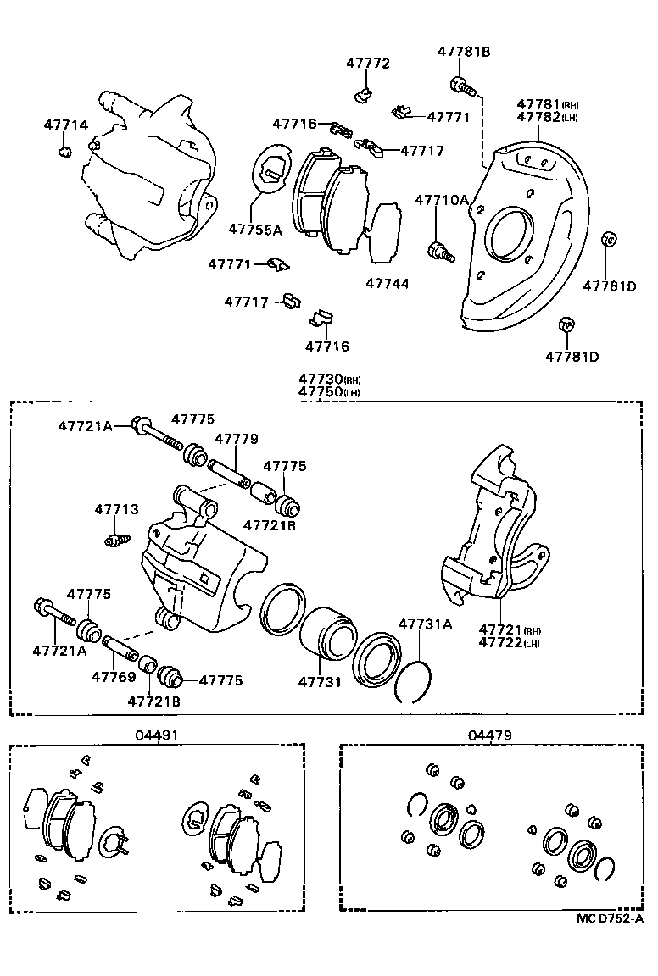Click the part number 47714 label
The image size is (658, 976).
pos(65,125)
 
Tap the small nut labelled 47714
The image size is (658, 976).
pos(64,152)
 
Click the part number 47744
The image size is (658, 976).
pos(387,284)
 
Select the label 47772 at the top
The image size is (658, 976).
pos(367,64)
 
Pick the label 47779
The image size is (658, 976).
pos(236,439)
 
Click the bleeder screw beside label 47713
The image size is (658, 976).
pos(116,539)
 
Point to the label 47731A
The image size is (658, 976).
pos(425,624)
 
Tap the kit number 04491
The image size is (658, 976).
pos(157,735)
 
